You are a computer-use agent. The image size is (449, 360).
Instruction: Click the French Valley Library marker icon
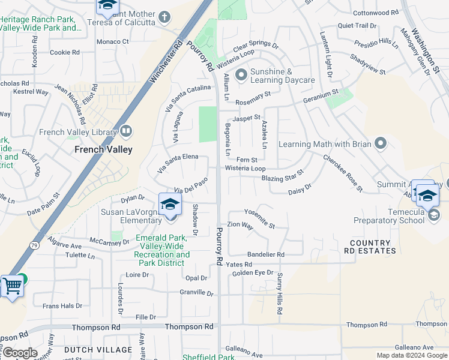[x=126, y=130]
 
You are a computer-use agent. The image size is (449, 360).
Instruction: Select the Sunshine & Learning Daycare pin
[x=241, y=75]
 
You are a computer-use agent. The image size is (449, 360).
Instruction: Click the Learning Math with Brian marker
[x=379, y=143]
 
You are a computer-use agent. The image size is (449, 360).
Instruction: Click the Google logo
[x=19, y=353]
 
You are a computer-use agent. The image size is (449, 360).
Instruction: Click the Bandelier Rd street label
[x=265, y=254]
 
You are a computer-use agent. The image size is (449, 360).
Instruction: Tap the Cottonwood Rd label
[x=376, y=12]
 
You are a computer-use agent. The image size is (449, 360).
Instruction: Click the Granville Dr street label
[x=196, y=293]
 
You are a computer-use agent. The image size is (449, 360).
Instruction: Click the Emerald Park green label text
[x=163, y=247]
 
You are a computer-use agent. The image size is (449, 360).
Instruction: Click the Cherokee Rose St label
[x=343, y=174]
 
